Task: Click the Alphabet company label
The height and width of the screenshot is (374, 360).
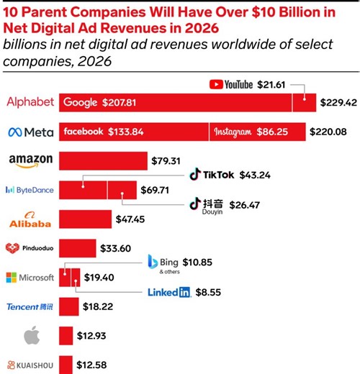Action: click(x=30, y=102)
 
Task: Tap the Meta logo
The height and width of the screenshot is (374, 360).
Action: click(x=30, y=132)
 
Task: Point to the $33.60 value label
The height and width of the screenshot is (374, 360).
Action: click(x=115, y=248)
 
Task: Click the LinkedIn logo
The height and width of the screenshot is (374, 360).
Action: click(x=168, y=293)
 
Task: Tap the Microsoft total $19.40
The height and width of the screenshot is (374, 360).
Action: click(x=100, y=277)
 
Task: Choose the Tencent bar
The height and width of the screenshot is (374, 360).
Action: click(x=68, y=306)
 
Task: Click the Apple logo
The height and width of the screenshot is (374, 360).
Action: click(x=30, y=334)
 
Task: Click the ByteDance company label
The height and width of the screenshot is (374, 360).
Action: click(x=30, y=190)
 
